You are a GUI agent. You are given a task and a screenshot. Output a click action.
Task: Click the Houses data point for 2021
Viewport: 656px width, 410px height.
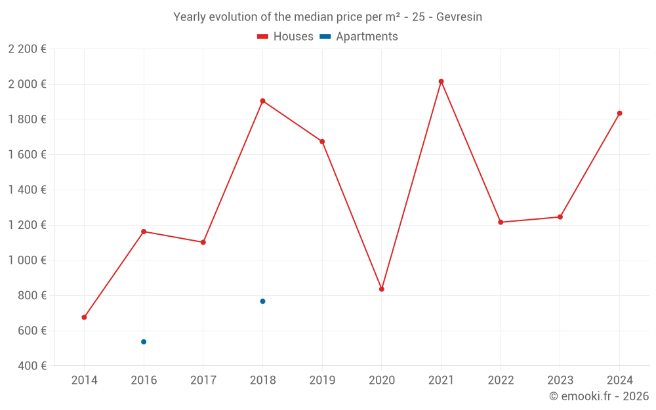point(441,81)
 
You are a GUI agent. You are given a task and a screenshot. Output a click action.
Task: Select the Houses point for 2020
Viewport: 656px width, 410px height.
point(382,289)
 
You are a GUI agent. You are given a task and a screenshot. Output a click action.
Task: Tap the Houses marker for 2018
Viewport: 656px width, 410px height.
point(262,101)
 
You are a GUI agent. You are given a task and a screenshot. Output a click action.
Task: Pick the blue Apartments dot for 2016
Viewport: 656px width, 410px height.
point(144,342)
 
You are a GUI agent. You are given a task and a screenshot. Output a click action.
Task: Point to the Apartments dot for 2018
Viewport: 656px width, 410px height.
point(262,301)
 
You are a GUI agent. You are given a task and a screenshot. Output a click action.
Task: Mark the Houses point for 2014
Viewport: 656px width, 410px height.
point(84,318)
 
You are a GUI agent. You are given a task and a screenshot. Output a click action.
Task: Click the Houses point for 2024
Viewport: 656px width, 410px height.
point(619,113)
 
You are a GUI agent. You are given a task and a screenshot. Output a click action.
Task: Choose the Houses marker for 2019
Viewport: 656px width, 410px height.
point(322,142)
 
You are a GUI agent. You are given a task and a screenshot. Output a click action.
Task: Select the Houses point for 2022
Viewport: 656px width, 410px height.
point(501,222)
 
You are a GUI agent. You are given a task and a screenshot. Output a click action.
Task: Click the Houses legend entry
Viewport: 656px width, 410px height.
point(285,37)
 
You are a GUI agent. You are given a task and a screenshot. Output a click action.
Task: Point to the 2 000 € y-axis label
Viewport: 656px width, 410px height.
point(27,84)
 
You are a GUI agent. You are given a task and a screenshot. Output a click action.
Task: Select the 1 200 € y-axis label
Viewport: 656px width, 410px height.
point(27,225)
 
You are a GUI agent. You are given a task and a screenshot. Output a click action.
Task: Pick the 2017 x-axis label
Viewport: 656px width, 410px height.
point(203,380)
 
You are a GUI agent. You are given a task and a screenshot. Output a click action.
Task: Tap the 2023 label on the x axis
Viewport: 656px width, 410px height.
point(560,380)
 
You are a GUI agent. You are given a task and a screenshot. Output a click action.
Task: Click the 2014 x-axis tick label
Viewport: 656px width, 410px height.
point(84,380)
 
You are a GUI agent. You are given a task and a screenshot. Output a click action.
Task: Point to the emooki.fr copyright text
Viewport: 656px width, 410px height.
point(599,396)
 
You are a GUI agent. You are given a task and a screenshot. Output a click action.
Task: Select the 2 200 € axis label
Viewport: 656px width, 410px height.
point(27,49)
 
